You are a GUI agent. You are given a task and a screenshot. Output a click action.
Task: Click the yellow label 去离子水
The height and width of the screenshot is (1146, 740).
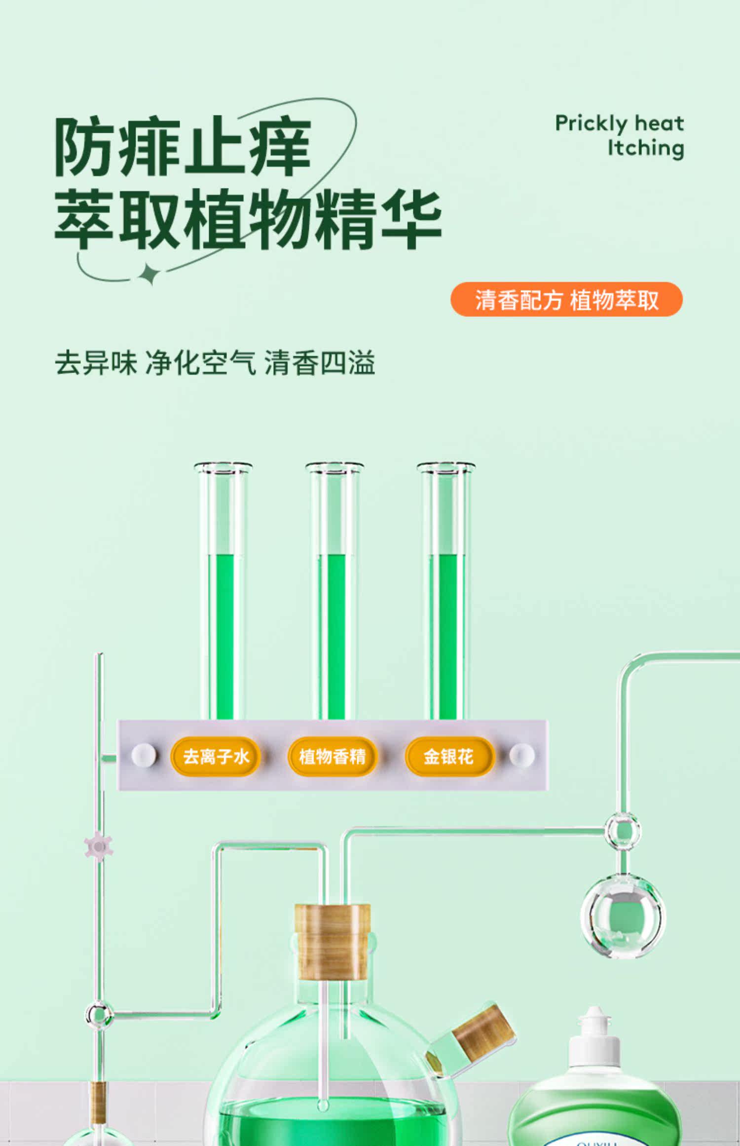point(216,756)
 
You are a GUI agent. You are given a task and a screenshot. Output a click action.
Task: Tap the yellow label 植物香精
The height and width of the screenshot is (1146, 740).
point(332,756)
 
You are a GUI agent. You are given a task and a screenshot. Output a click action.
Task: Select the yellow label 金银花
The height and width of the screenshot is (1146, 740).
point(449,756)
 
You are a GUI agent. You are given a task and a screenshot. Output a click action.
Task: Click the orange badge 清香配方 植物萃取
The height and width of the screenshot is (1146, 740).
point(566,299)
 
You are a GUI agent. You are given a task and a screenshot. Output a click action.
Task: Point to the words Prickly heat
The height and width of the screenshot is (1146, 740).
point(620,123)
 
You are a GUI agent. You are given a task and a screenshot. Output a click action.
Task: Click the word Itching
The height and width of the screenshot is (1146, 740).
point(646,148)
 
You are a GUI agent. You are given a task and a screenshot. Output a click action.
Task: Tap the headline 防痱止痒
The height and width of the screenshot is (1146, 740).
point(183,147)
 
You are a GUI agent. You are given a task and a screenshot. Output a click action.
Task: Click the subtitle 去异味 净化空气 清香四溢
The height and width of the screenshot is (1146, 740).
point(215,363)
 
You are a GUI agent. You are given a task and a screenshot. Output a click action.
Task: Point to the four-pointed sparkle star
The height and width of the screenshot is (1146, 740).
point(149,274)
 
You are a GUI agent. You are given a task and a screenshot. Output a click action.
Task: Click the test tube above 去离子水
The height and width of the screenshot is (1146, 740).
point(223,591)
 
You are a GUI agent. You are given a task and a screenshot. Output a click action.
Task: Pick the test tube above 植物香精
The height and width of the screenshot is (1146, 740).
point(334,591)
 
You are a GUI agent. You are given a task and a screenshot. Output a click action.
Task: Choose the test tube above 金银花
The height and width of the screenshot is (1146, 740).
point(446,591)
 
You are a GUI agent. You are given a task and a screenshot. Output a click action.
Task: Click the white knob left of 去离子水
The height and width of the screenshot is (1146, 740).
point(144,756)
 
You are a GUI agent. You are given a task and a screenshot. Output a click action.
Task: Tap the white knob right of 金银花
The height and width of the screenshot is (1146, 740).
point(521,756)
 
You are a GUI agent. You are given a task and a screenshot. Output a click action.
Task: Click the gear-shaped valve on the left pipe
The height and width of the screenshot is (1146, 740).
point(99,847)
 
